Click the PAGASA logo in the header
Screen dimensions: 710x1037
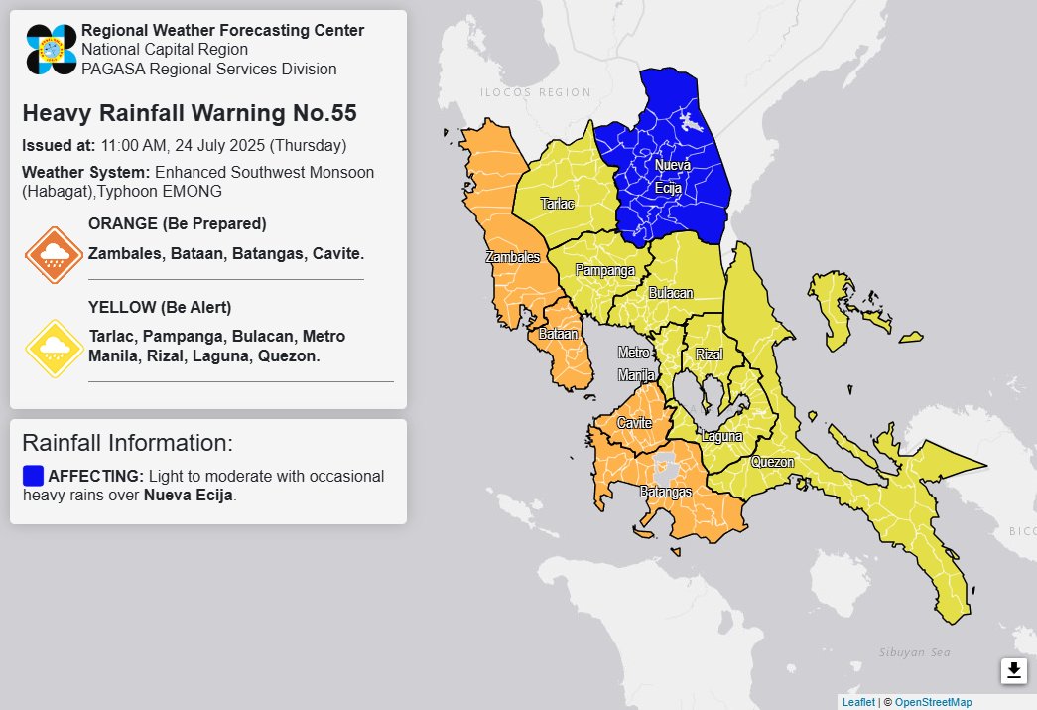tap(52, 50)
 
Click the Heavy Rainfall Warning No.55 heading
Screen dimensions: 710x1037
tap(189, 113)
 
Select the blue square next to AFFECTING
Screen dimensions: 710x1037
tap(33, 475)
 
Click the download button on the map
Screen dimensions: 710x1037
tap(1013, 671)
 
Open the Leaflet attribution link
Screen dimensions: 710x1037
tap(858, 702)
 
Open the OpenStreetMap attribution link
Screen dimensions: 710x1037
tap(933, 702)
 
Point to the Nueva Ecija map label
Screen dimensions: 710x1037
tap(672, 175)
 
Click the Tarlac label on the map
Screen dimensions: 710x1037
tap(557, 203)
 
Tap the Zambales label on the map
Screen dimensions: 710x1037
tap(513, 257)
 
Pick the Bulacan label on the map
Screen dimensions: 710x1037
tap(671, 293)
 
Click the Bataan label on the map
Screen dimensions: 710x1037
tap(558, 335)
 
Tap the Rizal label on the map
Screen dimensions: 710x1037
tap(710, 355)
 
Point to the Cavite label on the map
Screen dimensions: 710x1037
tap(634, 423)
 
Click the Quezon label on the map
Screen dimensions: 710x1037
tap(772, 462)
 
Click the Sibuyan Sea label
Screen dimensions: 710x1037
tap(914, 652)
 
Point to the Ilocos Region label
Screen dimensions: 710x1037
tap(535, 92)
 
